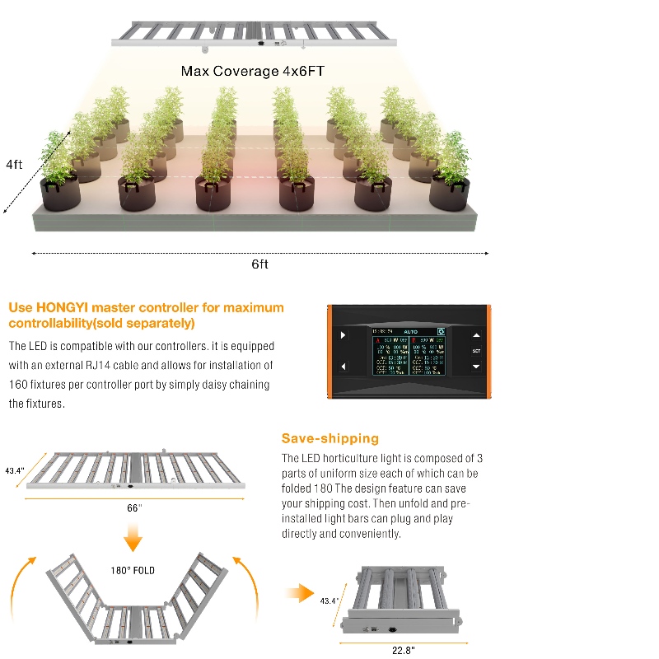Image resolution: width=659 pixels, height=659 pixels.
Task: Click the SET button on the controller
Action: pyautogui.click(x=475, y=351)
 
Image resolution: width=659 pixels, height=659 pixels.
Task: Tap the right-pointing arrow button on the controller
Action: pyautogui.click(x=343, y=335)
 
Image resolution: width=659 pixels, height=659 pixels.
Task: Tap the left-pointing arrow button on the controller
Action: pyautogui.click(x=343, y=366)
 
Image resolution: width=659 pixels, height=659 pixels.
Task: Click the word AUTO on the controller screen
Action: pyautogui.click(x=410, y=331)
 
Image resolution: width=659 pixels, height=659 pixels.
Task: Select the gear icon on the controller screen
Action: pyautogui.click(x=442, y=331)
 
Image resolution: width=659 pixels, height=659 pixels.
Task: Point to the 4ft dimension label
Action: pyautogui.click(x=14, y=164)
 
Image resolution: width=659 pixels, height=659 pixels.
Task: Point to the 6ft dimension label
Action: pyautogui.click(x=259, y=264)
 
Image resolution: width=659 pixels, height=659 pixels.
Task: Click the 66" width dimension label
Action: pyautogui.click(x=134, y=508)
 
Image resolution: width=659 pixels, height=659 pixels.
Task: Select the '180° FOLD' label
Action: pyautogui.click(x=133, y=570)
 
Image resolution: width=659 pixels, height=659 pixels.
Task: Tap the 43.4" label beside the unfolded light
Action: pyautogui.click(x=15, y=471)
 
